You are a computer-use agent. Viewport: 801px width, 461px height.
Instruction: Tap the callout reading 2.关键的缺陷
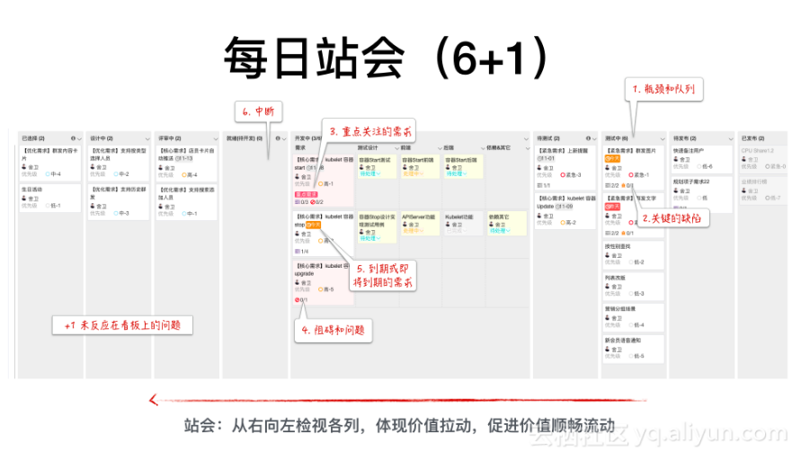pos(673,217)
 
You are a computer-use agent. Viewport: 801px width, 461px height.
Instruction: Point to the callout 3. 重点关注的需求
pos(369,131)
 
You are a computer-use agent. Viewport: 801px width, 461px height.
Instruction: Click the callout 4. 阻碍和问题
pos(334,330)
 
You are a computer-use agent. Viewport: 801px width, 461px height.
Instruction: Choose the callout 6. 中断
pos(259,112)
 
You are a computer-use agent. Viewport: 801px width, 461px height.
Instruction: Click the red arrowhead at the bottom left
pos(154,400)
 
